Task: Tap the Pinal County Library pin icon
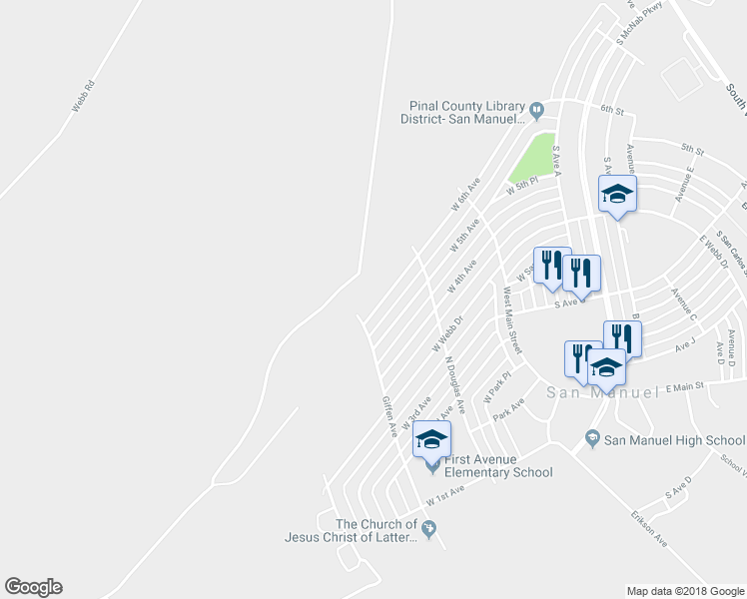pos(536,109)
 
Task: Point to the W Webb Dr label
pos(447,335)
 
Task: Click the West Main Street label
pos(512,320)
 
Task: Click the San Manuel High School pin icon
pos(592,439)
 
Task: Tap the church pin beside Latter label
pos(429,530)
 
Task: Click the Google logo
pos(33,587)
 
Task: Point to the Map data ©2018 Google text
pos(684,591)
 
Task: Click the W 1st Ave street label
pos(444,494)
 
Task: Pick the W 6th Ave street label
pos(465,194)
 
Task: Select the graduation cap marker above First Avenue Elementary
pos(431,440)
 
